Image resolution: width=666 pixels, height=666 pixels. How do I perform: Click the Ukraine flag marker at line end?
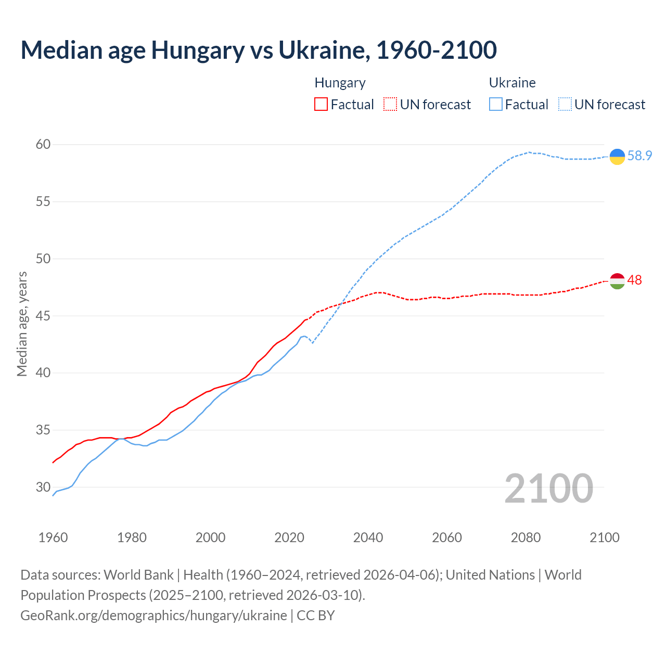pyautogui.click(x=617, y=156)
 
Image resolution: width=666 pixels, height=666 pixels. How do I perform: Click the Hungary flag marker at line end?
pyautogui.click(x=617, y=281)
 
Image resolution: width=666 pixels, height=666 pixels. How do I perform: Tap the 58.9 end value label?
pyautogui.click(x=639, y=156)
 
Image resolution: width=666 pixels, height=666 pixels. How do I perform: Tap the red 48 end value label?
pyautogui.click(x=635, y=280)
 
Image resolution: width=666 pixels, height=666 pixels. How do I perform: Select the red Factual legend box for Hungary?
pyautogui.click(x=321, y=104)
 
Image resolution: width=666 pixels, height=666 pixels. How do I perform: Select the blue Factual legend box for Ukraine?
pyautogui.click(x=496, y=104)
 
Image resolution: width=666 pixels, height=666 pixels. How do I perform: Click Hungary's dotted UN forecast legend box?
pyautogui.click(x=390, y=104)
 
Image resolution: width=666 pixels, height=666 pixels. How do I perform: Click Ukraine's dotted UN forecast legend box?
pyautogui.click(x=565, y=104)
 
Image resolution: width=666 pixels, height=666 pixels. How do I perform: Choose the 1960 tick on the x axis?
pyautogui.click(x=53, y=537)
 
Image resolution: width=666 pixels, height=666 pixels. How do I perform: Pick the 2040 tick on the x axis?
pyautogui.click(x=368, y=537)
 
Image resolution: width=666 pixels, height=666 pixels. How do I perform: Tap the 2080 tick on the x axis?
pyautogui.click(x=526, y=537)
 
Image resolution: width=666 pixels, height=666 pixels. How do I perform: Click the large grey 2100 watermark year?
pyautogui.click(x=549, y=488)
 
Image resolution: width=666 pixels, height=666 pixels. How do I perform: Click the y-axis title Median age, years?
pyautogui.click(x=22, y=324)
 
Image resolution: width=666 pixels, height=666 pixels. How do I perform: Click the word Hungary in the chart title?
pyautogui.click(x=198, y=50)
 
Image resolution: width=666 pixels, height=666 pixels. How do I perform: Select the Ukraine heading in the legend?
pyautogui.click(x=512, y=83)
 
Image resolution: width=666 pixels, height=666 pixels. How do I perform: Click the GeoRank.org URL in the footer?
pyautogui.click(x=153, y=615)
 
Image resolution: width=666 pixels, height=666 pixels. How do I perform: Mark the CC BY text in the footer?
pyautogui.click(x=316, y=615)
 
